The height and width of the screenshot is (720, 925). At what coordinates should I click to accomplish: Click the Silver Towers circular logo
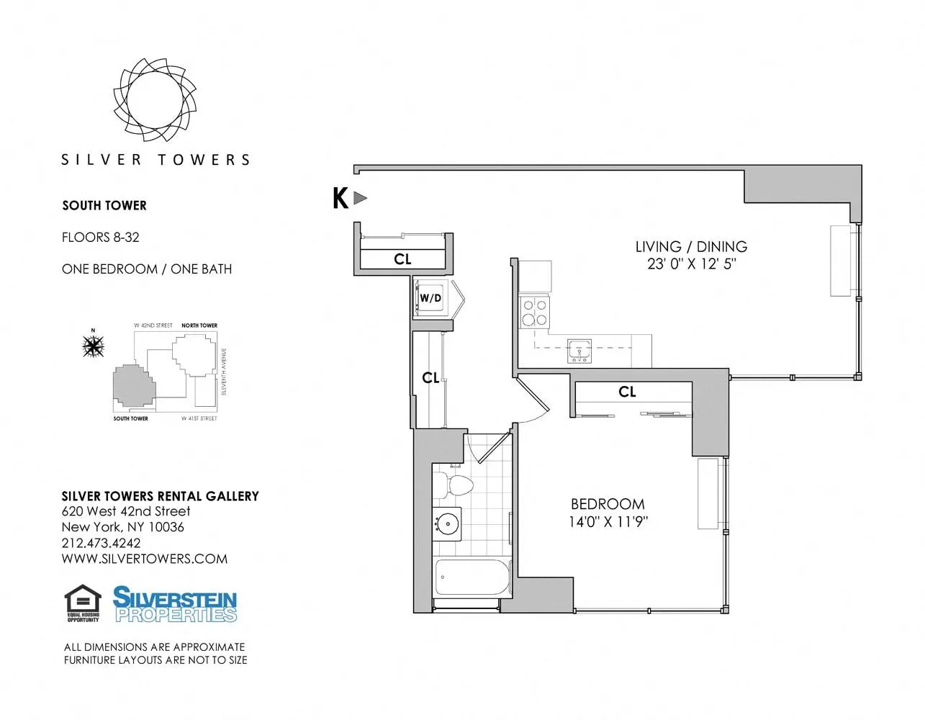[154, 99]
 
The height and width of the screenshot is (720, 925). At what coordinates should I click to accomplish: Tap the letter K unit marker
[340, 198]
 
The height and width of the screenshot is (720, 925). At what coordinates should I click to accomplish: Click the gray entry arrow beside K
[361, 198]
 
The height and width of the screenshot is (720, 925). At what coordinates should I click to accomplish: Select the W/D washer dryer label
[430, 298]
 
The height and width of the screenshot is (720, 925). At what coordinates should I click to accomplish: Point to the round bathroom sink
[448, 523]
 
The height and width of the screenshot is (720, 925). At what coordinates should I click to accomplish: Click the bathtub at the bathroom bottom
[472, 577]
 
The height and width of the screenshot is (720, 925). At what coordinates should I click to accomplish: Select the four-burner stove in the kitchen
[534, 312]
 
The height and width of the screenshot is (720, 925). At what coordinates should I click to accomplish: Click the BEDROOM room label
[608, 504]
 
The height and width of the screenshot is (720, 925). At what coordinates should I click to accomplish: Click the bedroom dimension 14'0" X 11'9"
[608, 522]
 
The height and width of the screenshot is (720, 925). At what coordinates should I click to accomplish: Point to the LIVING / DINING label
[691, 247]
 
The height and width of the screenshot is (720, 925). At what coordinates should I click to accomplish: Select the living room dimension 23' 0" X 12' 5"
[691, 264]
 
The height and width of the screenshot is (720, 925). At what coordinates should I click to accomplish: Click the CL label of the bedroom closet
[627, 392]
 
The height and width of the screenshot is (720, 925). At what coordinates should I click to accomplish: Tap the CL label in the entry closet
[402, 259]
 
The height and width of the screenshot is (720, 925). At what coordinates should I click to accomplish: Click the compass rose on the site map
[93, 346]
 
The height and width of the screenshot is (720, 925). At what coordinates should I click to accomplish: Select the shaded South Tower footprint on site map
[132, 386]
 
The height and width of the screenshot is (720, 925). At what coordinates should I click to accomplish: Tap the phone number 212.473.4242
[101, 543]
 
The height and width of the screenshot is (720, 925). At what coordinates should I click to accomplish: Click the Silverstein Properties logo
[175, 604]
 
